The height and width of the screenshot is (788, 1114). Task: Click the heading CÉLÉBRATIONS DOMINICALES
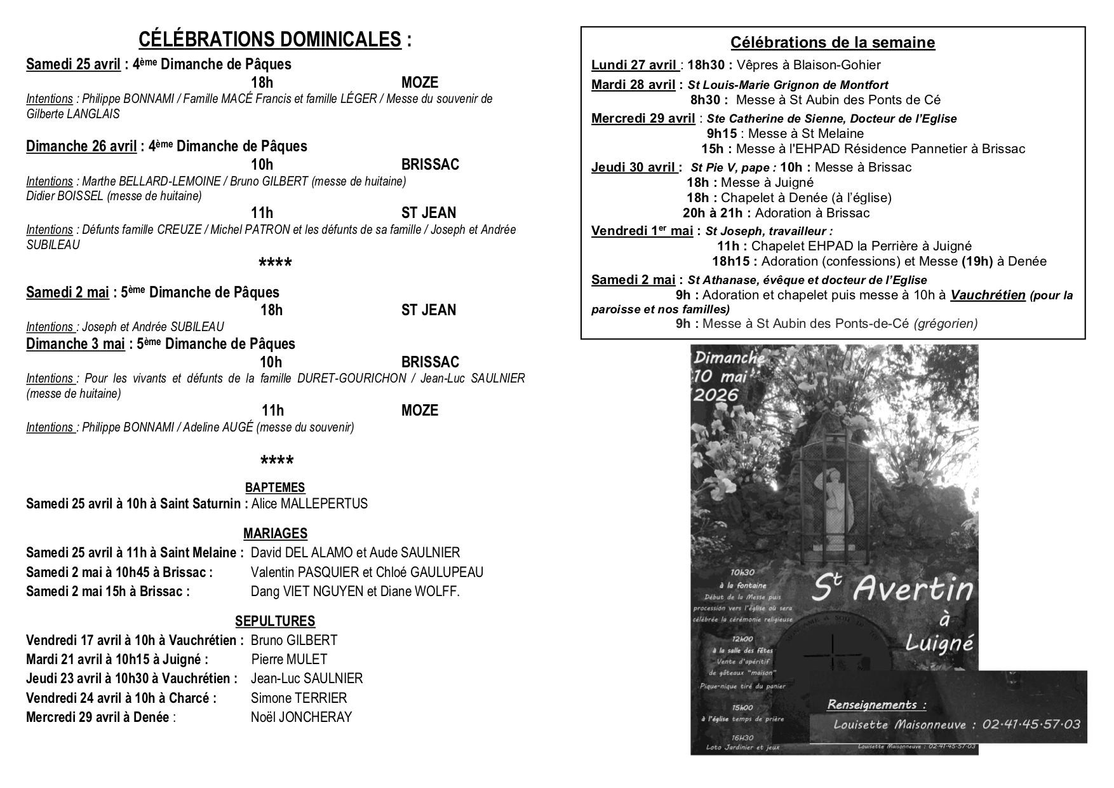click(x=270, y=39)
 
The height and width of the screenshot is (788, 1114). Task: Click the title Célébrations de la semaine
click(x=833, y=43)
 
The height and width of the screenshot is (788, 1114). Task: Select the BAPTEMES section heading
click(x=275, y=487)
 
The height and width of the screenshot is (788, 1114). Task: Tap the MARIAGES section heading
click(x=275, y=533)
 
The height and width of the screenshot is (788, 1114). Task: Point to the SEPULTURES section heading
click(x=275, y=621)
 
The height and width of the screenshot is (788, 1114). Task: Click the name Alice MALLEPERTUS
click(x=309, y=504)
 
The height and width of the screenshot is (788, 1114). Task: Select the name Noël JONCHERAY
click(x=301, y=717)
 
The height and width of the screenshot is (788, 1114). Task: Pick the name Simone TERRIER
click(x=299, y=698)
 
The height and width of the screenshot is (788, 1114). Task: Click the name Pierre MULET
click(x=289, y=659)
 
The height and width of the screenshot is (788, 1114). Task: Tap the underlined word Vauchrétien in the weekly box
click(x=988, y=295)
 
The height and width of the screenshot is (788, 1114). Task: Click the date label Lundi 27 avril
click(x=634, y=65)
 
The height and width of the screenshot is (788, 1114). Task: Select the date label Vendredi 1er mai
click(x=641, y=231)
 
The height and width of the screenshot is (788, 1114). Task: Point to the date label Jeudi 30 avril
click(x=633, y=167)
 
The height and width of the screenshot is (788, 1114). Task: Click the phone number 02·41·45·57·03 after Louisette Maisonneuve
click(x=1031, y=724)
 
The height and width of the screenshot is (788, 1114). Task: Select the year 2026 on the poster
click(x=716, y=395)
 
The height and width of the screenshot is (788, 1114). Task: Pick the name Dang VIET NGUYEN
click(x=308, y=592)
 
